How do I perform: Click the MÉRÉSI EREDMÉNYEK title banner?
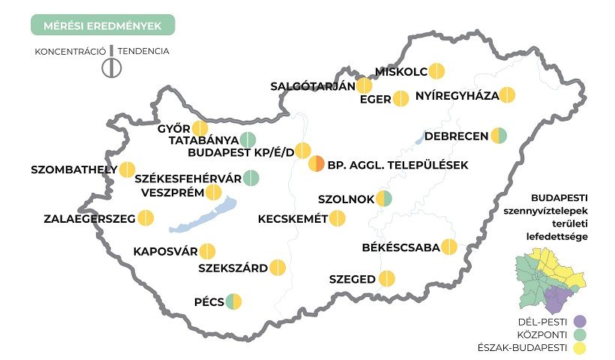(x=103, y=25)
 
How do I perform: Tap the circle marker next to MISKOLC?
(x=437, y=72)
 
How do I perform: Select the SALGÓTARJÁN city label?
(x=312, y=85)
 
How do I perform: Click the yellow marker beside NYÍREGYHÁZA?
(x=508, y=95)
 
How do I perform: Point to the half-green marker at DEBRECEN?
(x=499, y=136)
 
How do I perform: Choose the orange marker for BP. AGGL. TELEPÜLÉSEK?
(x=317, y=163)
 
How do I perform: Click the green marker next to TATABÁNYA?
(x=248, y=139)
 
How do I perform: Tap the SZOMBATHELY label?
(x=73, y=169)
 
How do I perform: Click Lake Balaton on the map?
(x=199, y=217)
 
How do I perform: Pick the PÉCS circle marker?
(x=233, y=302)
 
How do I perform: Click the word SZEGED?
(x=352, y=280)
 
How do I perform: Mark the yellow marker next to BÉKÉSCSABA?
(x=449, y=247)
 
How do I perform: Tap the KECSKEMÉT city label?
(x=292, y=219)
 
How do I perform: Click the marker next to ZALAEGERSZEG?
(x=146, y=219)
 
